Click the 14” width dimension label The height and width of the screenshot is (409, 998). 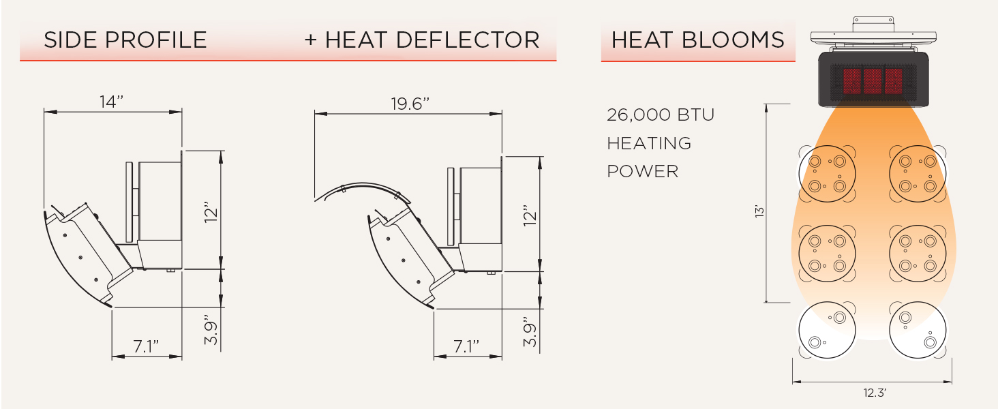coord(111,102)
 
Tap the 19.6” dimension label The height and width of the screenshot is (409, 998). coord(410,104)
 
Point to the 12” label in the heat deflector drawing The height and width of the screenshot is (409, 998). coord(530,215)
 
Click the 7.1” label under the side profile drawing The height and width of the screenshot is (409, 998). coord(146,346)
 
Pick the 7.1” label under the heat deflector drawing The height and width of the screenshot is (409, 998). coord(466,346)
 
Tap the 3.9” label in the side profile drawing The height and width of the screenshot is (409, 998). coord(211,330)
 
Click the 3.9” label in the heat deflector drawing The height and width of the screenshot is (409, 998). coord(530,332)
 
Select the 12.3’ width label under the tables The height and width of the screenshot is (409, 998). coord(875,393)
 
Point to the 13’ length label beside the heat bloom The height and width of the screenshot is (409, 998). coord(759,211)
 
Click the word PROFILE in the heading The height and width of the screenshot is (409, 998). coord(156,40)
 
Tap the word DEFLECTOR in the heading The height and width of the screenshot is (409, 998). coord(468,40)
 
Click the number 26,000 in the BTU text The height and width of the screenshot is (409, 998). coord(639,115)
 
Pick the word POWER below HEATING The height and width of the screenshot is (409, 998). coord(642,172)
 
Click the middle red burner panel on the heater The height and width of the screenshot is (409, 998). coord(873,80)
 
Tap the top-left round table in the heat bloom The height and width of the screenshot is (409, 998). coord(828,174)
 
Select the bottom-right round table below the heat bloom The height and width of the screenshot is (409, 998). coord(918,330)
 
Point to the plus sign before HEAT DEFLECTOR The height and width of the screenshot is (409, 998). coord(311,40)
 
